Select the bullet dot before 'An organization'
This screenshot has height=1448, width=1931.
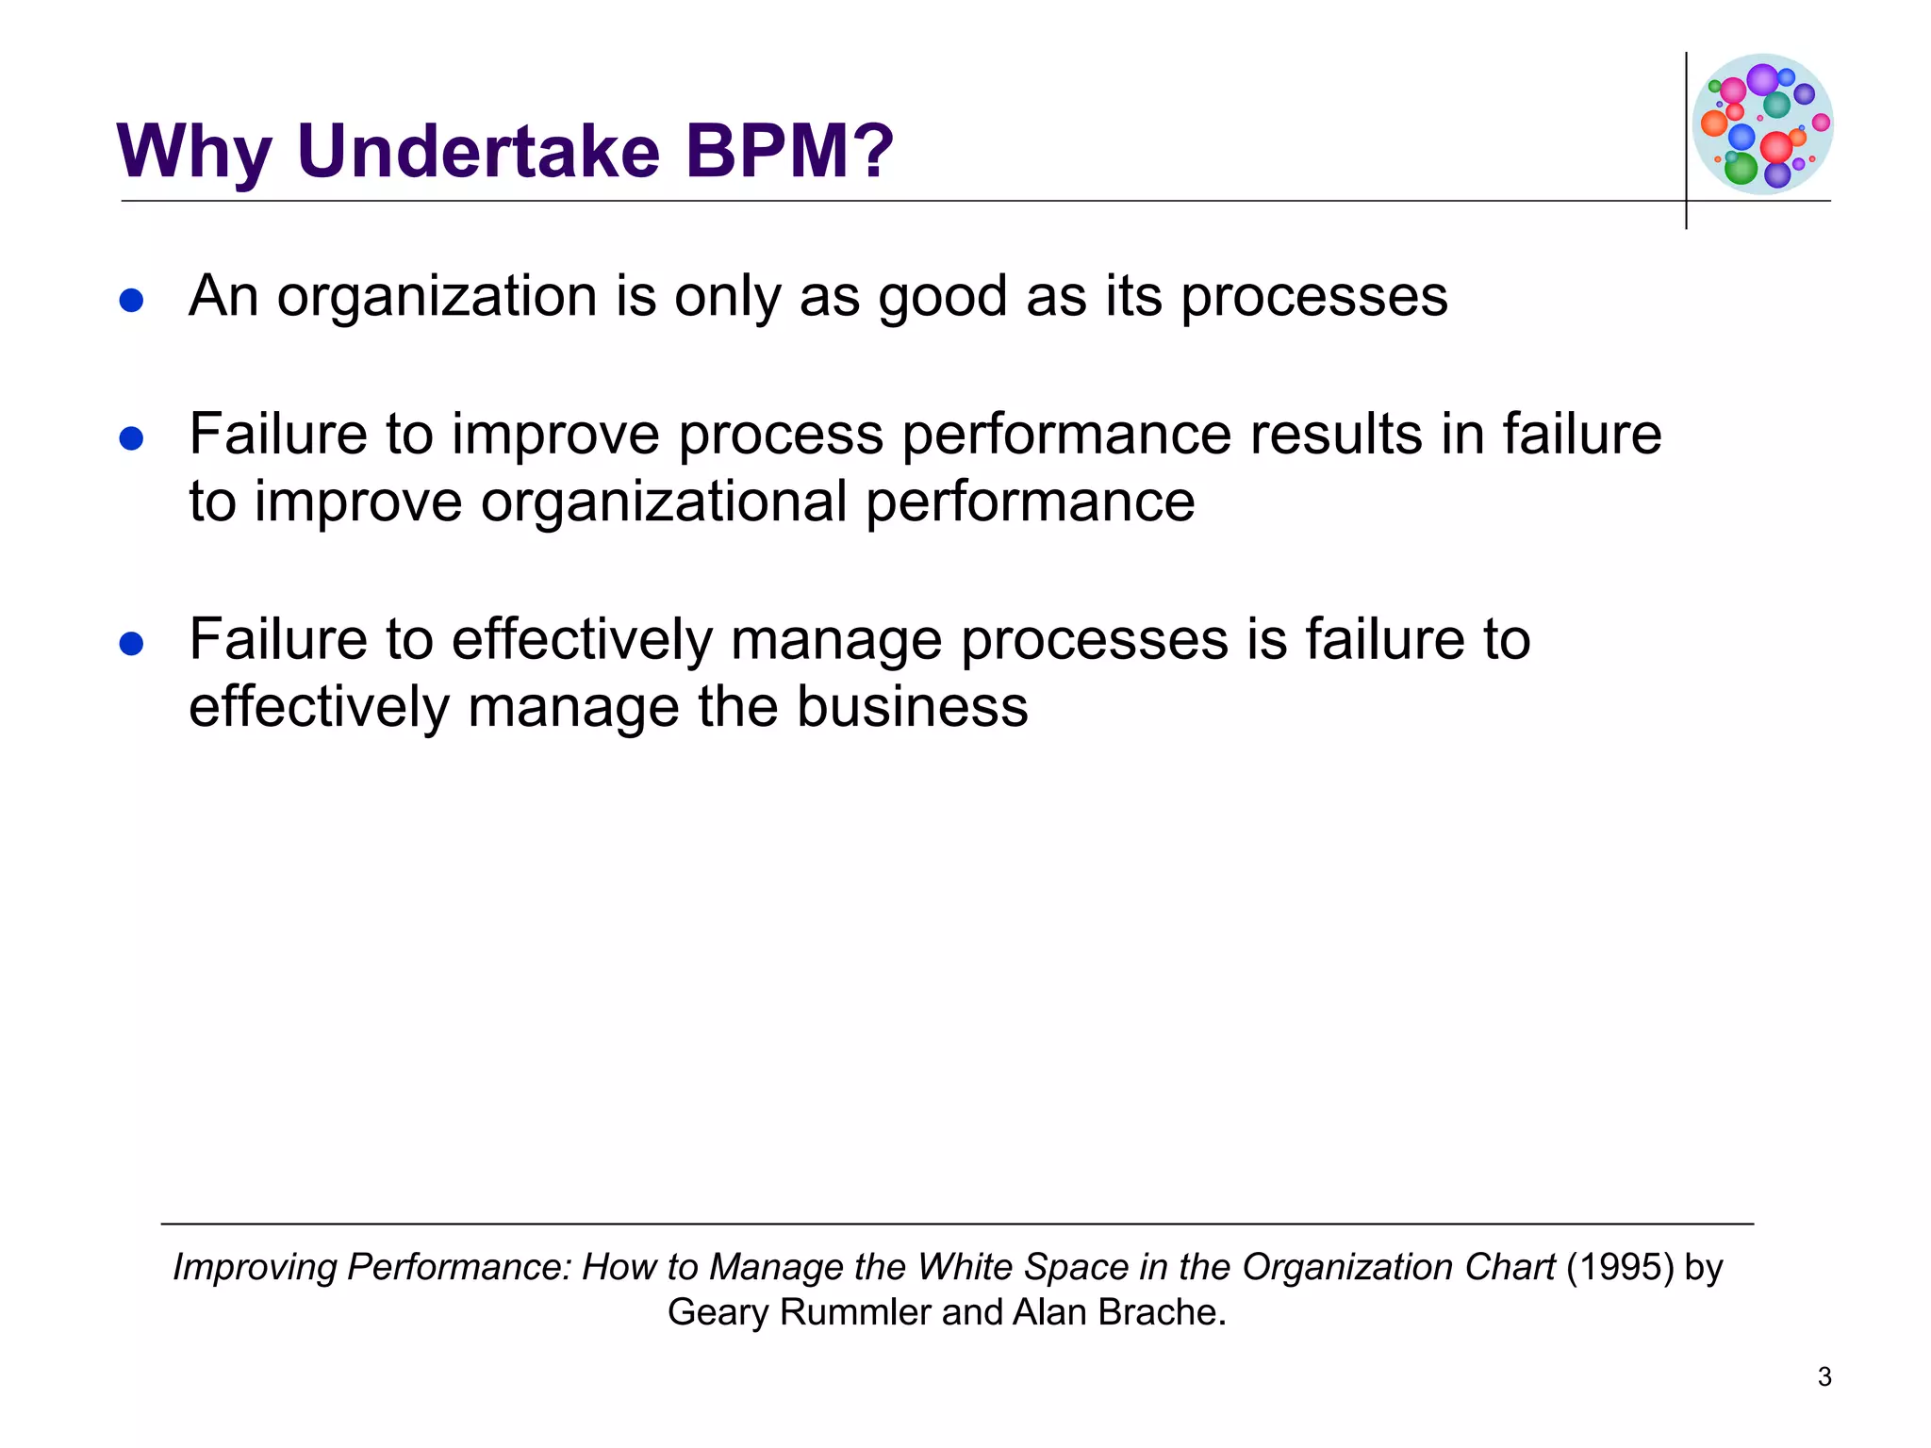(x=131, y=301)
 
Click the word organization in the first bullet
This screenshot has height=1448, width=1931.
(x=437, y=297)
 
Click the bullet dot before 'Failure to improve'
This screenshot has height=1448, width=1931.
(x=131, y=438)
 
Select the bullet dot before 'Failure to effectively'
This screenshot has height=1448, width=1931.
(x=131, y=644)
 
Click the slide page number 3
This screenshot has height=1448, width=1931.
(x=1824, y=1377)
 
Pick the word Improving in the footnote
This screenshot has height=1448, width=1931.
(x=255, y=1268)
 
